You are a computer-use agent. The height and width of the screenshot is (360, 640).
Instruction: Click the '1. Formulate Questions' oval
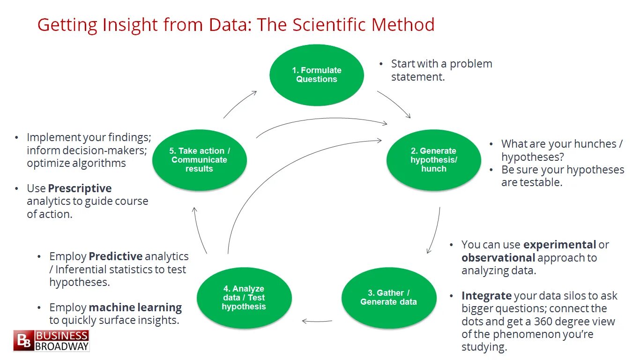(x=317, y=75)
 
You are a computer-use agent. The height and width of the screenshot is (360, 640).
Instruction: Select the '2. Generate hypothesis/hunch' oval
(x=434, y=160)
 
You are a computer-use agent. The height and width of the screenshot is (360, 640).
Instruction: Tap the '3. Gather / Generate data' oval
(x=389, y=298)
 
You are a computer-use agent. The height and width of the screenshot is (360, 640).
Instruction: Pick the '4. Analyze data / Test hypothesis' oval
(x=244, y=298)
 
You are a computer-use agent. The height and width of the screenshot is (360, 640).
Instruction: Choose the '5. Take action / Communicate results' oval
(x=200, y=160)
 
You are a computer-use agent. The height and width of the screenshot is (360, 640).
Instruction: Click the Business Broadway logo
(x=51, y=341)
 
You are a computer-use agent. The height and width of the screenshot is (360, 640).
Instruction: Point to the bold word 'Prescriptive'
(x=80, y=188)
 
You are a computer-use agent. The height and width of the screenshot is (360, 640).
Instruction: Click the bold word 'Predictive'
(x=115, y=256)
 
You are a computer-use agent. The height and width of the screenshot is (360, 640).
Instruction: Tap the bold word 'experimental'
(x=559, y=245)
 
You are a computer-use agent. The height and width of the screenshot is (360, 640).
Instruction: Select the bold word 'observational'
(x=498, y=258)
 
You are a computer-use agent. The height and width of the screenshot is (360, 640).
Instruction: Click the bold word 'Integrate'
(x=486, y=296)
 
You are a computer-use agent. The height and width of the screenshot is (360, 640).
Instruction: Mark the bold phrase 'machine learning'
(x=135, y=307)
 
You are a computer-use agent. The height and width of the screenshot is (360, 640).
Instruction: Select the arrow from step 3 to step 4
(x=317, y=321)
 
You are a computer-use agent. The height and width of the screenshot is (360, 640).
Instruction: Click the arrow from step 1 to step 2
(x=394, y=104)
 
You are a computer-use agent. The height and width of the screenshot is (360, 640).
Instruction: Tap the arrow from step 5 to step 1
(x=240, y=104)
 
